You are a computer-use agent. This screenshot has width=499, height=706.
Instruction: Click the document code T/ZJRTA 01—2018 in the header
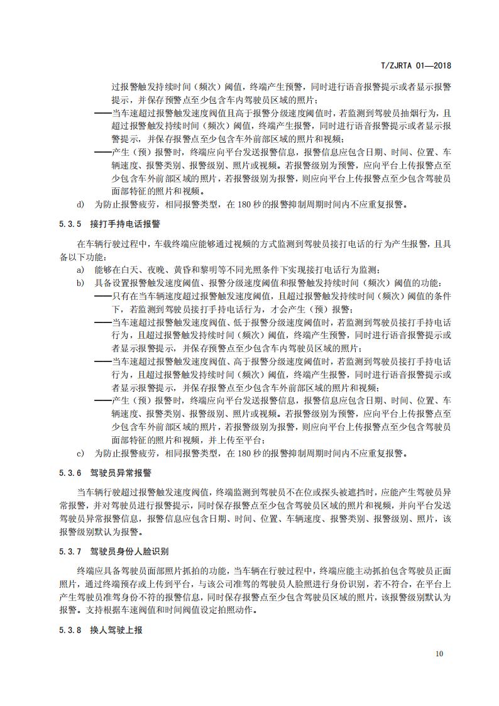417,65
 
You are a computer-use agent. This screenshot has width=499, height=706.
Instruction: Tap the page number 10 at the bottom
439,654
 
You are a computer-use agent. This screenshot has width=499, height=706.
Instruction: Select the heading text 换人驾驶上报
109,631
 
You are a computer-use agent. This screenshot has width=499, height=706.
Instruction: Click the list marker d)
80,204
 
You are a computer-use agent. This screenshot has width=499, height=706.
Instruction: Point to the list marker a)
80,269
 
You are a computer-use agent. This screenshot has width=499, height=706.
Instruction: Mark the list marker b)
80,283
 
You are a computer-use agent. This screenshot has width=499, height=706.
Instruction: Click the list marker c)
80,452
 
